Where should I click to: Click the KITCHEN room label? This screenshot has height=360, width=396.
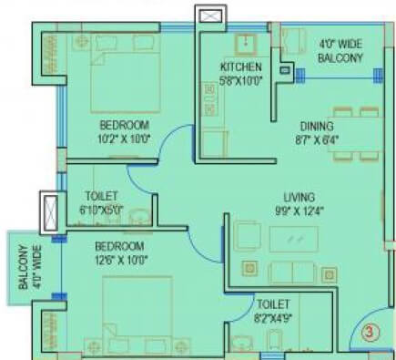click(241, 67)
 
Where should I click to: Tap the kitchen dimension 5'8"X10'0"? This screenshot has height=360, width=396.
click(241, 79)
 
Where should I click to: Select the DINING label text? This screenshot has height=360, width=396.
click(315, 126)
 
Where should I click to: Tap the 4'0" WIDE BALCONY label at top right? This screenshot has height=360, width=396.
click(340, 50)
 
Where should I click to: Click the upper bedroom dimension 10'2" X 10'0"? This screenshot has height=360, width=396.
click(125, 139)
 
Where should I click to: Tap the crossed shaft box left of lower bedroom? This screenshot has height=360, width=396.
click(49, 212)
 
